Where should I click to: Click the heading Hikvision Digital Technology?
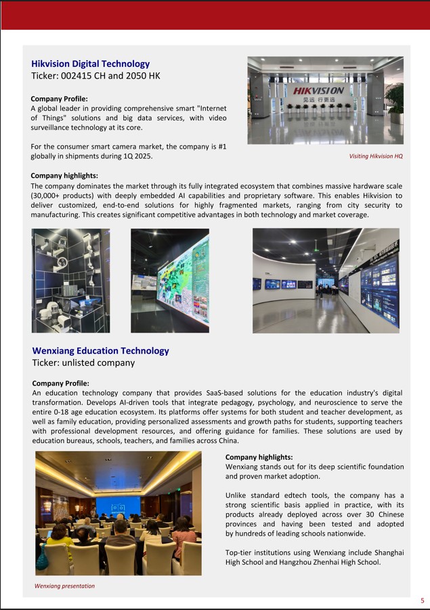pyautogui.click(x=90, y=64)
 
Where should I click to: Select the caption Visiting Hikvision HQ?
pyautogui.click(x=376, y=156)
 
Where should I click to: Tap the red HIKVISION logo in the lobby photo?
pyautogui.click(x=318, y=91)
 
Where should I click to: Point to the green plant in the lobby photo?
pyautogui.click(x=395, y=99)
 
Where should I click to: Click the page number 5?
pyautogui.click(x=423, y=601)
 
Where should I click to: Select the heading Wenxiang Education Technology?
pyautogui.click(x=100, y=351)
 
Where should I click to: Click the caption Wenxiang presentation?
pyautogui.click(x=65, y=586)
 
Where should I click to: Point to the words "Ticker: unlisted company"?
pyautogui.click(x=83, y=362)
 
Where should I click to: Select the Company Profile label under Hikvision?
pyautogui.click(x=59, y=99)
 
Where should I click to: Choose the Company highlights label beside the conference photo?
pyautogui.click(x=259, y=457)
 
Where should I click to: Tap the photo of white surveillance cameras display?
pyautogui.click(x=70, y=280)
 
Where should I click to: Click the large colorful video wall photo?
pyautogui.click(x=170, y=280)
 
